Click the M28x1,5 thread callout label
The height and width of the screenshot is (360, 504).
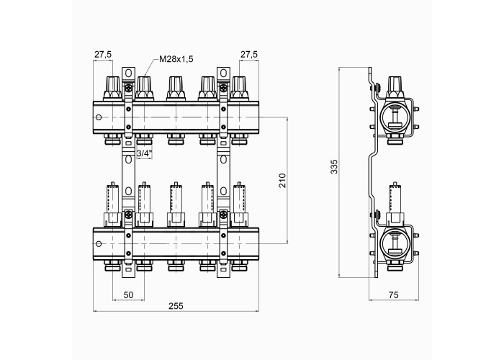click(x=176, y=59)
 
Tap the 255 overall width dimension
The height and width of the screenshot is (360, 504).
click(x=176, y=306)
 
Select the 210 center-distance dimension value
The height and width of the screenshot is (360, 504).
click(x=282, y=181)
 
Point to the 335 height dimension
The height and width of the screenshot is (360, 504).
click(x=334, y=166)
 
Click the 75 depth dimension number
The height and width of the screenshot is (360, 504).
click(x=393, y=294)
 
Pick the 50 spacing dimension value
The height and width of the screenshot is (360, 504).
click(x=128, y=294)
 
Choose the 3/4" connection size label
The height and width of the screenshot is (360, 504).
click(x=144, y=153)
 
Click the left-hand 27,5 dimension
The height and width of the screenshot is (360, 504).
click(x=103, y=55)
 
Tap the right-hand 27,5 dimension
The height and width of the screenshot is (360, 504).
click(x=249, y=55)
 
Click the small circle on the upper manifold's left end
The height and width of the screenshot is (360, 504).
click(x=99, y=117)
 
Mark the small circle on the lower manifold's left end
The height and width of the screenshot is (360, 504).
click(x=99, y=244)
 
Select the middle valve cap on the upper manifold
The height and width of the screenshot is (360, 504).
click(x=176, y=89)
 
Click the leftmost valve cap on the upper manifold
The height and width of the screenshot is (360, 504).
click(x=112, y=89)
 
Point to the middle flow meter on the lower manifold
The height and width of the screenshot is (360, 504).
click(x=176, y=204)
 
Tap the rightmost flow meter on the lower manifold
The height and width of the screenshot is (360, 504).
click(x=239, y=204)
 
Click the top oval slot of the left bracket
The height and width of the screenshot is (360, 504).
click(x=128, y=73)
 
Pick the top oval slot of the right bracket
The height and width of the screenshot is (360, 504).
click(x=223, y=73)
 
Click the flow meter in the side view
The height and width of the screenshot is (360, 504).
click(x=395, y=204)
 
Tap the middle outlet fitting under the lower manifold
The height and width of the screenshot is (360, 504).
click(x=176, y=266)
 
